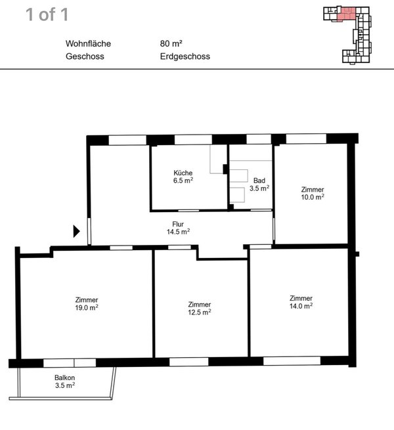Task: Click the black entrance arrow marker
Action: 76,231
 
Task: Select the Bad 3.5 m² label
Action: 259,184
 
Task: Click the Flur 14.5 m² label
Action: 179,228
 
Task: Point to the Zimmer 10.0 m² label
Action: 313,193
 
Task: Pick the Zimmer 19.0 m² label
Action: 87,304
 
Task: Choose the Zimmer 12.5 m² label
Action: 200,309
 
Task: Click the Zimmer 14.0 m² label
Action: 301,302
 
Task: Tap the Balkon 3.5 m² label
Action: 65,381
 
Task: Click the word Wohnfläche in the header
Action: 88,43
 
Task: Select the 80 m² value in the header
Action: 171,43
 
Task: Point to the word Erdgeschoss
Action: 185,56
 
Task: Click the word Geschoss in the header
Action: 85,56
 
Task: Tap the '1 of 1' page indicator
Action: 47,14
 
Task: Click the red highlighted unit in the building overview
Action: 346,14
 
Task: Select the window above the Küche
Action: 194,140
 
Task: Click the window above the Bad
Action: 259,139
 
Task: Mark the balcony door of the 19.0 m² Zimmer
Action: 70,363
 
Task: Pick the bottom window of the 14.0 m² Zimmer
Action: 292,361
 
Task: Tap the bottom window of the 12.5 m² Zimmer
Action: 189,362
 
